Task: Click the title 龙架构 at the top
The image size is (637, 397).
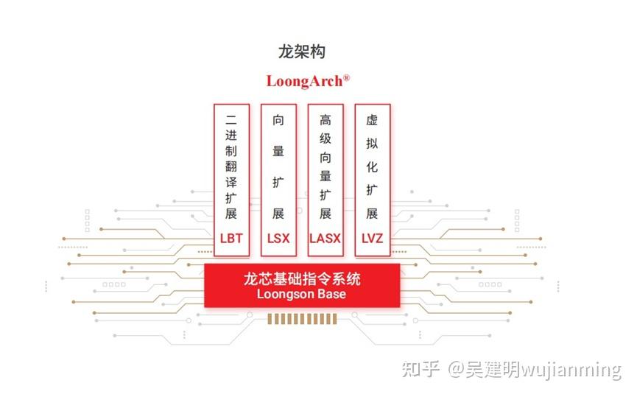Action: pyautogui.click(x=302, y=52)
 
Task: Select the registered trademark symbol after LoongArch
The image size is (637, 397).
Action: pyautogui.click(x=347, y=77)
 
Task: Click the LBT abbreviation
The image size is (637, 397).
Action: pyautogui.click(x=231, y=239)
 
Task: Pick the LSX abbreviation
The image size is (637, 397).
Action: pyautogui.click(x=278, y=239)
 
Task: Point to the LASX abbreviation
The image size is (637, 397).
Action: pyautogui.click(x=325, y=239)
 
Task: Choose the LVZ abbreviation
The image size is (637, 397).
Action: pyautogui.click(x=372, y=239)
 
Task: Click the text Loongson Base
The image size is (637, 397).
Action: pyautogui.click(x=302, y=294)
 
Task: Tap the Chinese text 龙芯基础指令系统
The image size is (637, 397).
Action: pyautogui.click(x=302, y=279)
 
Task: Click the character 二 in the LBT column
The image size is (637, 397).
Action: pyautogui.click(x=231, y=118)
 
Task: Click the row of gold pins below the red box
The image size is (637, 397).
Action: pyautogui.click(x=302, y=319)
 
